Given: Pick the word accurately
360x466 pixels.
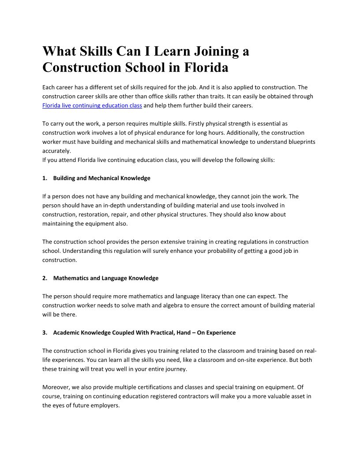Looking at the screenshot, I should pyautogui.click(x=53, y=150).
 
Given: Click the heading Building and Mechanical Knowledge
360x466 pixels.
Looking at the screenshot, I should pyautogui.click(x=101, y=178).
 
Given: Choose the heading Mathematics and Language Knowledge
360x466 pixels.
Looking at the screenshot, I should pyautogui.click(x=105, y=278).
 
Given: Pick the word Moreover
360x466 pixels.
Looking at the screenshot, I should pyautogui.click(x=55, y=387).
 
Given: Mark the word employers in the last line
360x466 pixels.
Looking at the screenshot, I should pyautogui.click(x=105, y=405).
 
